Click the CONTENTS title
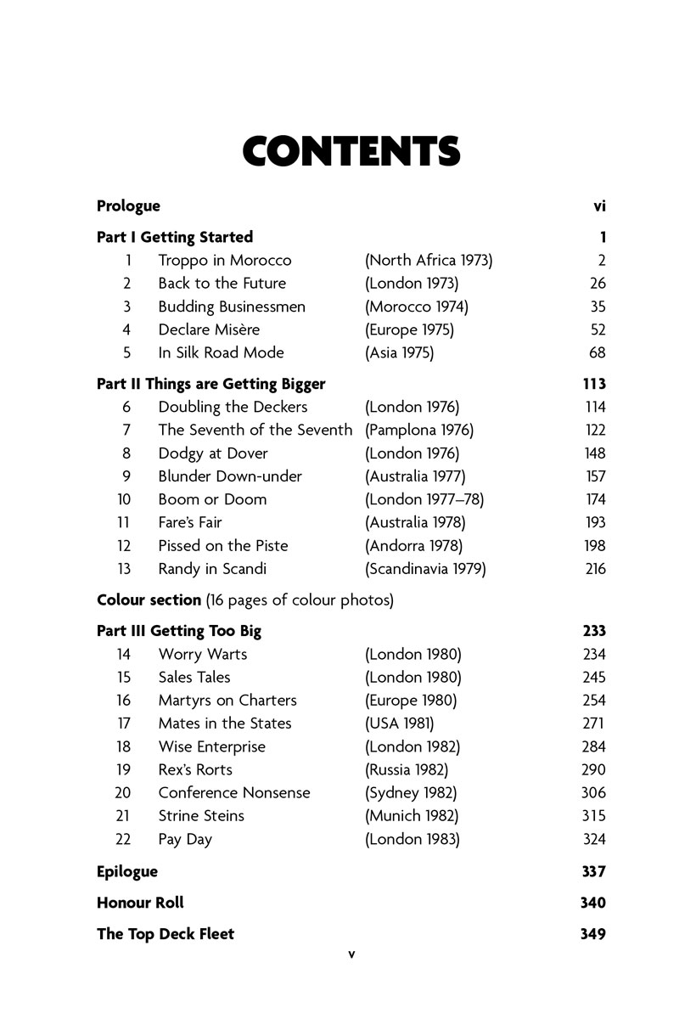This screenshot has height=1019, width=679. tap(351, 151)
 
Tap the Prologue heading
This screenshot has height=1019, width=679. tap(128, 206)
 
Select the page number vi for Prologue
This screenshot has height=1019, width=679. tap(599, 206)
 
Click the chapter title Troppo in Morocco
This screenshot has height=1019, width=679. tap(224, 261)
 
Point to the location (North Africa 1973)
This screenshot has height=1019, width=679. tap(429, 261)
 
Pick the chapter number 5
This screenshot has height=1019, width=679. tap(126, 352)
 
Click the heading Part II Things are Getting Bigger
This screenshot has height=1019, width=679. tap(210, 384)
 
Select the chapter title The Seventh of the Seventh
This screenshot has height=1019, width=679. tap(255, 431)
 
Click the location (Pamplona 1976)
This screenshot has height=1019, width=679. tap(419, 431)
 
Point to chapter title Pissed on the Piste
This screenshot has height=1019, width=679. tap(222, 546)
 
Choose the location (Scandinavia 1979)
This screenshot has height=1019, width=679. tap(425, 569)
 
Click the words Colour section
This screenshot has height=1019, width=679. tap(149, 600)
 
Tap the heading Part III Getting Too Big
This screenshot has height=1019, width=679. tap(179, 631)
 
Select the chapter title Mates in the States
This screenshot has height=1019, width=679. tap(224, 723)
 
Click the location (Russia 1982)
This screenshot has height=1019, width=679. tap(407, 770)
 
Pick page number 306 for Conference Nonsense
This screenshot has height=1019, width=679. tap(594, 793)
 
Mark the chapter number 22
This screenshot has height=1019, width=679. tap(122, 839)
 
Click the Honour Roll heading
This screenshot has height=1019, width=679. tap(140, 903)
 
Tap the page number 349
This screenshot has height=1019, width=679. tap(592, 934)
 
